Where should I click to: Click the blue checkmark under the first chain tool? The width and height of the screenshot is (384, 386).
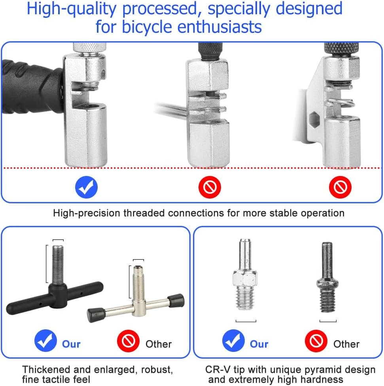86,187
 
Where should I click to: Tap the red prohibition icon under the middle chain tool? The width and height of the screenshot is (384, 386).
210,187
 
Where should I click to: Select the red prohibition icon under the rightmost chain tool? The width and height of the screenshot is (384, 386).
340,187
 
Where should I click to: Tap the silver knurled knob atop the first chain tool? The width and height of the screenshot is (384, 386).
89,47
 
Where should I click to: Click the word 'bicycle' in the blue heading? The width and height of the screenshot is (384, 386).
147,27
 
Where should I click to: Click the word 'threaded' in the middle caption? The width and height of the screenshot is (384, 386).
144,213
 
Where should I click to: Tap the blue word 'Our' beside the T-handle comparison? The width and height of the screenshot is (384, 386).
71,344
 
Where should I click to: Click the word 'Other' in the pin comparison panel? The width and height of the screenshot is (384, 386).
346,344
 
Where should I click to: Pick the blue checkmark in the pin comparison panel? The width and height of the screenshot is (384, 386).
233,341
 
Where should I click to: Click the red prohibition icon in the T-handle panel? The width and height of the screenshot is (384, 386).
128,341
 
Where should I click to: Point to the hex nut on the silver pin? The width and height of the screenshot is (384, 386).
245,279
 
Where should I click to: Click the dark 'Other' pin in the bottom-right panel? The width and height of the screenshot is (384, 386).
327,277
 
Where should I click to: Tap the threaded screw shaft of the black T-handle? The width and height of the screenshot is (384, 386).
58,265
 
